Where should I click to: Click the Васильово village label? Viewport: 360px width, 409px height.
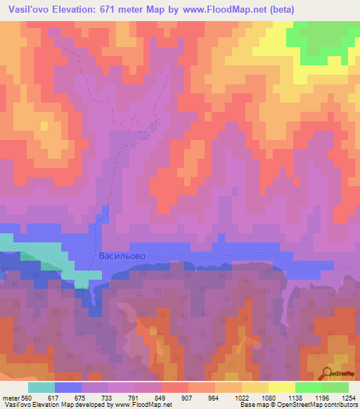pyautogui.click(x=122, y=257)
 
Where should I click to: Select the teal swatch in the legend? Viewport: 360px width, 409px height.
pyautogui.click(x=41, y=387)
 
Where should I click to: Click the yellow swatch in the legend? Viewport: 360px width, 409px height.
pyautogui.click(x=281, y=387)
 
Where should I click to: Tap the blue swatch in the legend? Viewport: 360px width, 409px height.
pyautogui.click(x=68, y=387)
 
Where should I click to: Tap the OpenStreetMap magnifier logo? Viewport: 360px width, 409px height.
pyautogui.click(x=326, y=373)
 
